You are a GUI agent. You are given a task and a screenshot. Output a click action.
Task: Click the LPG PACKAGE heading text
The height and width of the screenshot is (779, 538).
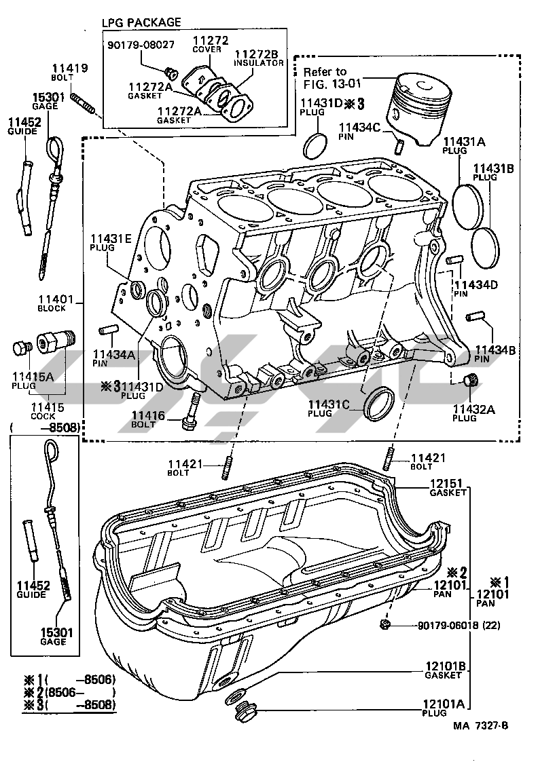141,22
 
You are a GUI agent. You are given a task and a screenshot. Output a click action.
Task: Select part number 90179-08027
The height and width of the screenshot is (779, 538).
141,45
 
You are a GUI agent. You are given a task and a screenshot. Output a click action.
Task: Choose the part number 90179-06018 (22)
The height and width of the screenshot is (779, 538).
449,626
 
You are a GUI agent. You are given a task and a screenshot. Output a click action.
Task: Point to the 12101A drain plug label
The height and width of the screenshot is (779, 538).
446,708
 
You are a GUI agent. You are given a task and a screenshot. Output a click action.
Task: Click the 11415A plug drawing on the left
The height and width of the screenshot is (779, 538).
22,349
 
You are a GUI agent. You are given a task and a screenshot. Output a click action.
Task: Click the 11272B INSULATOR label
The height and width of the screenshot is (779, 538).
258,57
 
